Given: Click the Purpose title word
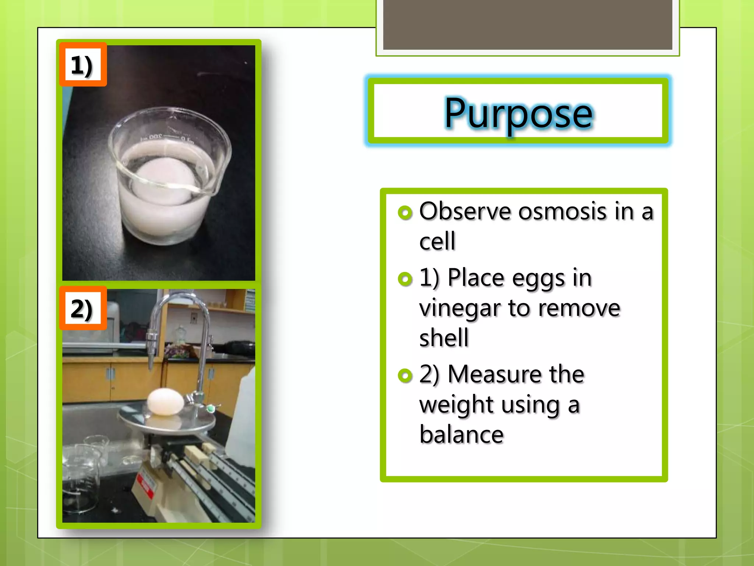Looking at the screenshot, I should [518, 113].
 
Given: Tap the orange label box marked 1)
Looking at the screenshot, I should [83, 65].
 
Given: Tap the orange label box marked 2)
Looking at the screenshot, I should [83, 308].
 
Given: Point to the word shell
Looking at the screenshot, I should [444, 338].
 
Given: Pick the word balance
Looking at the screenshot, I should [461, 435].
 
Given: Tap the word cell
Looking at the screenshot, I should [437, 241].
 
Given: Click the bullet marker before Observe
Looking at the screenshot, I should [405, 213].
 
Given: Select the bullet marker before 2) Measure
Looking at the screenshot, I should [405, 375].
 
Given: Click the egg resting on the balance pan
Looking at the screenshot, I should [165, 402].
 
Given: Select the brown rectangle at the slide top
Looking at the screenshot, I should [527, 24].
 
